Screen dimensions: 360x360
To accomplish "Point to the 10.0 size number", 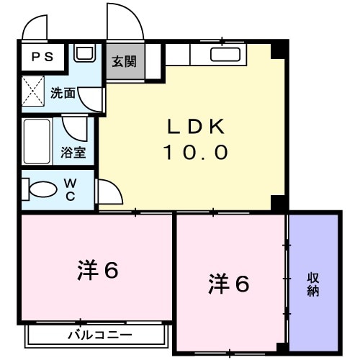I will click(196, 152).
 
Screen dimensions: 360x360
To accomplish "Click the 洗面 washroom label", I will click(63, 93).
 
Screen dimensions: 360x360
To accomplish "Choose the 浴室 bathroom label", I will click(73, 153).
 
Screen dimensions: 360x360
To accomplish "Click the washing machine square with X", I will click(33, 93).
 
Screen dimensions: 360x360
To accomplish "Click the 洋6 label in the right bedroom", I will click(230, 284).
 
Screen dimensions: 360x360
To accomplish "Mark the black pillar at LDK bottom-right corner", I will click(279, 202).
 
